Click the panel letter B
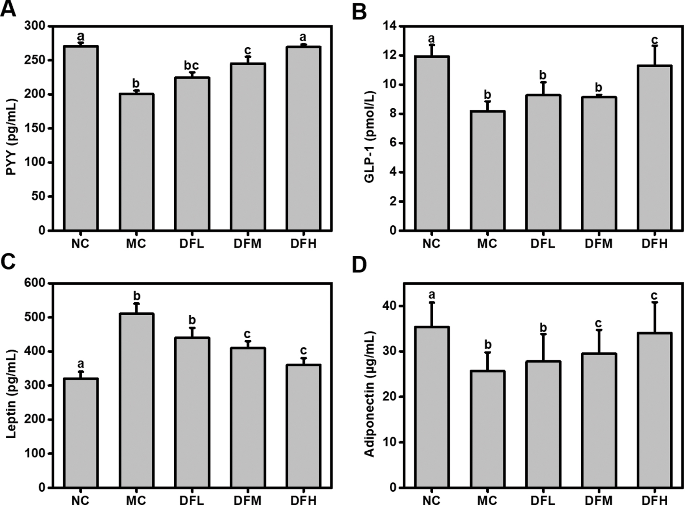click(x=359, y=11)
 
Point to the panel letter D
click(x=359, y=265)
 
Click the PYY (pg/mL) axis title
click(x=12, y=137)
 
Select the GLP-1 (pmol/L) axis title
click(x=369, y=137)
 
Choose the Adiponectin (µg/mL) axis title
click(x=369, y=394)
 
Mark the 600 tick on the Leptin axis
click(x=36, y=283)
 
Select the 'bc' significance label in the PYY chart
click(x=191, y=66)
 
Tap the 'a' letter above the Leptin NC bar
click(x=80, y=364)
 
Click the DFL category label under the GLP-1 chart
click(x=543, y=243)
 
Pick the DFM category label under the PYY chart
click(x=247, y=243)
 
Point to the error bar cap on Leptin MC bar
click(x=136, y=304)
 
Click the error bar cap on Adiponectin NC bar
click(x=432, y=302)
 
